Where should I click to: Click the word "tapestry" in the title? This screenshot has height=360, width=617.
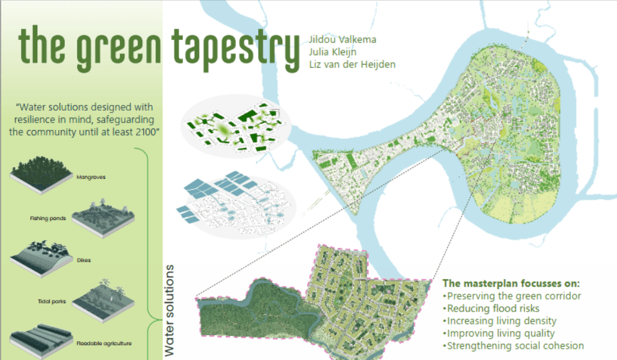(x=234, y=47)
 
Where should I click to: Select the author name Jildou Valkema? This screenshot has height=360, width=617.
(x=341, y=40)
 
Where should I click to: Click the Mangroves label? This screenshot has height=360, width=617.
(x=91, y=177)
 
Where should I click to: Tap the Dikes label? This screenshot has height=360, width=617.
(x=84, y=260)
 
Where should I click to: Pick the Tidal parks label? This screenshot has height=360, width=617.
(x=48, y=302)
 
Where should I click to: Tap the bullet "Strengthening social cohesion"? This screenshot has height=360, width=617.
(x=513, y=346)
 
